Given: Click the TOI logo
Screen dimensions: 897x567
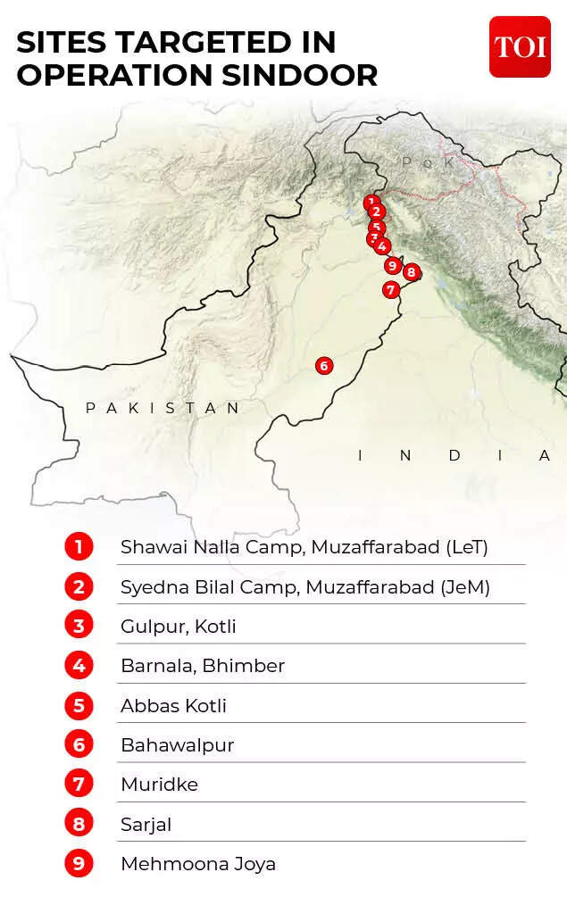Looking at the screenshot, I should [520, 46].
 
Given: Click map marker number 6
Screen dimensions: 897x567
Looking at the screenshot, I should [323, 365].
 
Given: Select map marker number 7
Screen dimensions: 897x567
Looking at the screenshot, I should [390, 289].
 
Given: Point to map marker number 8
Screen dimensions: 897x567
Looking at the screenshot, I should [411, 272].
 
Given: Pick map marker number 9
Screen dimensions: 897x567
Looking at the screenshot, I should [392, 265].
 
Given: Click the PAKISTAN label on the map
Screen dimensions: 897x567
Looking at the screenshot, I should [163, 408].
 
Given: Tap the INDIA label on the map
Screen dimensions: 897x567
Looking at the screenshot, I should [454, 455].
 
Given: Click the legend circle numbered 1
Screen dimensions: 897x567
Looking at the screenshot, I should [79, 546].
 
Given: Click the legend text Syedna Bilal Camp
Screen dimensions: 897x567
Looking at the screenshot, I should [213, 586].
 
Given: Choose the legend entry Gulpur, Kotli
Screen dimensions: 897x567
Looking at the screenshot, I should [179, 626].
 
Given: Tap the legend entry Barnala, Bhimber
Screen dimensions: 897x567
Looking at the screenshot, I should [203, 666].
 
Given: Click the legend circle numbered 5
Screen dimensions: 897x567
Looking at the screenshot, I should [79, 705].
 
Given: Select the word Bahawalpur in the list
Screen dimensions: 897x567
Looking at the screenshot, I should [177, 745].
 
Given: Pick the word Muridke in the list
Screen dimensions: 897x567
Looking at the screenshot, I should [159, 785].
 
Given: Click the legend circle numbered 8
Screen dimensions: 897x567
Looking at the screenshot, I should [79, 824].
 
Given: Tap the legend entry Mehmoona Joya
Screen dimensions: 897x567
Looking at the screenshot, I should [198, 864].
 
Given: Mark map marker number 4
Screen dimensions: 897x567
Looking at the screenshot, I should [382, 246].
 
